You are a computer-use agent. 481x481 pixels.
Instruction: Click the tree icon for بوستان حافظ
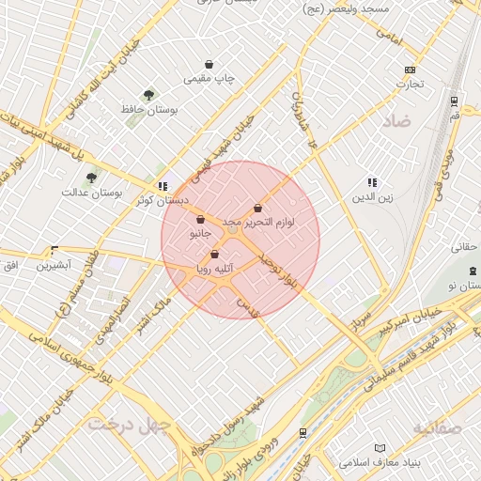coord(148,95)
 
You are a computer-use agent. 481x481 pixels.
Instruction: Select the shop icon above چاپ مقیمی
coord(208,66)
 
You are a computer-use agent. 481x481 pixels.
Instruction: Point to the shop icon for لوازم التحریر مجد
coord(257,208)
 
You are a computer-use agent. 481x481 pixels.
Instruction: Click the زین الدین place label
coord(371,197)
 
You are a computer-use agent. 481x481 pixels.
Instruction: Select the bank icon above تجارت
coord(409,70)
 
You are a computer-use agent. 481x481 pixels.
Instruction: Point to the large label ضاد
coord(396,121)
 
